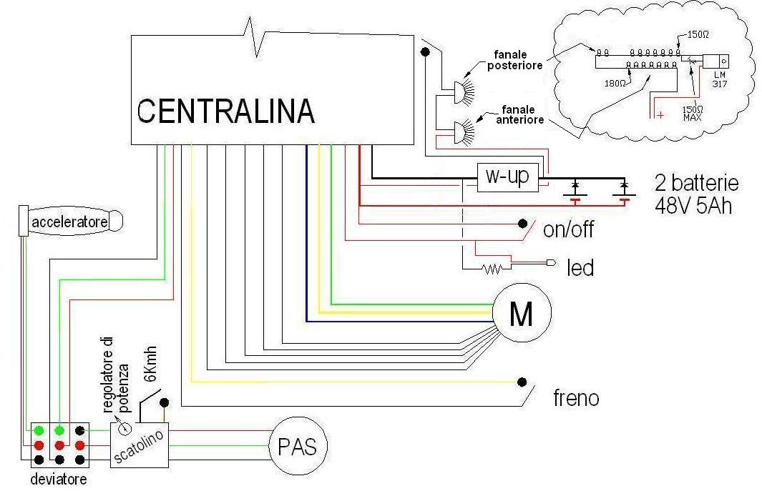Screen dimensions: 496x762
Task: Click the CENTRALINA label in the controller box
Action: click(225, 111)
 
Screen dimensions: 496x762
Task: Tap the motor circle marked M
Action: click(522, 313)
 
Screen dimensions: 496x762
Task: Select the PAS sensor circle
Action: click(298, 447)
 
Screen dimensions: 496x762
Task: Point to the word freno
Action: click(576, 398)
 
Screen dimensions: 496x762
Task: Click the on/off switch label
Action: click(569, 231)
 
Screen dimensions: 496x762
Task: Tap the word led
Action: click(580, 268)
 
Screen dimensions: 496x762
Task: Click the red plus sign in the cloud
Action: click(660, 114)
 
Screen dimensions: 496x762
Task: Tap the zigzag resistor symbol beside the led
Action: click(492, 269)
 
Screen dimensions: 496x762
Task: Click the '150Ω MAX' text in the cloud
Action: click(692, 113)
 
